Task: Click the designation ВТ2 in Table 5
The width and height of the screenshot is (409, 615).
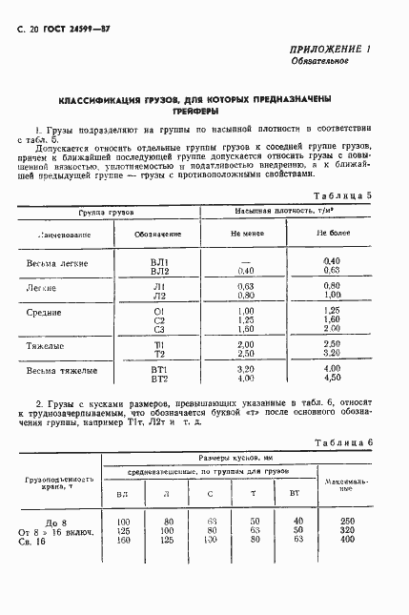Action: click(x=159, y=378)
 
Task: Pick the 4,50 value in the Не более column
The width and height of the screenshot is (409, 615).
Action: click(x=332, y=378)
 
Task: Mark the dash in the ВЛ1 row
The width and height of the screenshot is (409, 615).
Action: click(x=246, y=260)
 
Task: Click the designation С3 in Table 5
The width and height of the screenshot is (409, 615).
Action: click(x=159, y=328)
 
